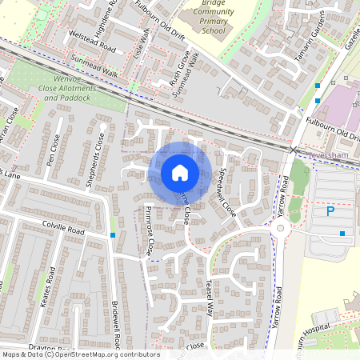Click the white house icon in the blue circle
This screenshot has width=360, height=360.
180,173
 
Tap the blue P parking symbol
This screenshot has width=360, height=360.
330,212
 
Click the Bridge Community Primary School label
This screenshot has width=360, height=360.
202,19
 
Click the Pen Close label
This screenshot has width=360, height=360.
54,150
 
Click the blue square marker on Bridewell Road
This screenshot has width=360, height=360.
113,235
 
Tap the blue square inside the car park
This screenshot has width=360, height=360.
342,234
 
